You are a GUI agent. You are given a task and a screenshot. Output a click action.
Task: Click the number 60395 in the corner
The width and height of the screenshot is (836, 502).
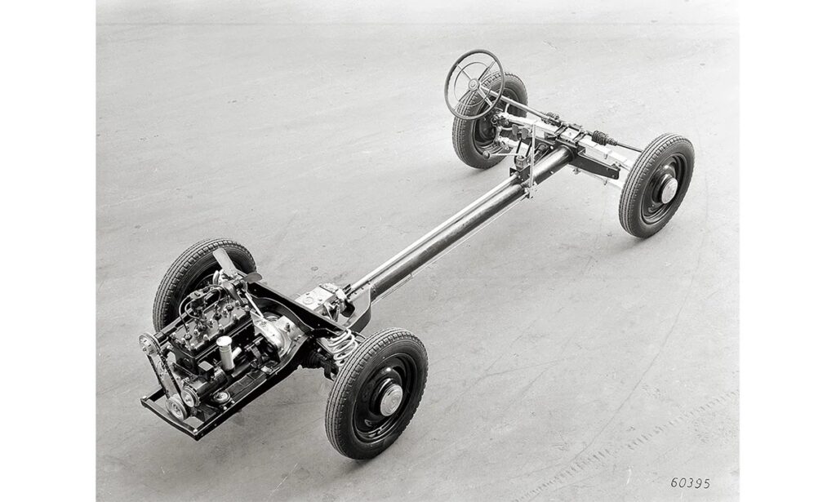click(x=690, y=482)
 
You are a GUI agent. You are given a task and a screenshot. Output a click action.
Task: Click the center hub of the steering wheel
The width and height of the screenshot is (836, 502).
click(x=473, y=84)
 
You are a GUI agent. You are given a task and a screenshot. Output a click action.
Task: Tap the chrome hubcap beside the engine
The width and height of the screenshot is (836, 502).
click(x=391, y=400)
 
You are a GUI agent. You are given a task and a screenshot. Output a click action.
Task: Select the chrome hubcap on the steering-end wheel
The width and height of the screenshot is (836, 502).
click(x=669, y=190)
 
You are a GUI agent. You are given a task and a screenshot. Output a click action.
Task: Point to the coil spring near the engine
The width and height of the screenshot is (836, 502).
click(x=341, y=346)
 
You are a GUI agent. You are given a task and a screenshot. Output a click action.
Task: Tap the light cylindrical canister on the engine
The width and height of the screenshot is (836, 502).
click(x=225, y=352)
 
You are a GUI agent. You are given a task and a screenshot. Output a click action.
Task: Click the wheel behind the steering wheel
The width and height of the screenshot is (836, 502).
click(x=488, y=122)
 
